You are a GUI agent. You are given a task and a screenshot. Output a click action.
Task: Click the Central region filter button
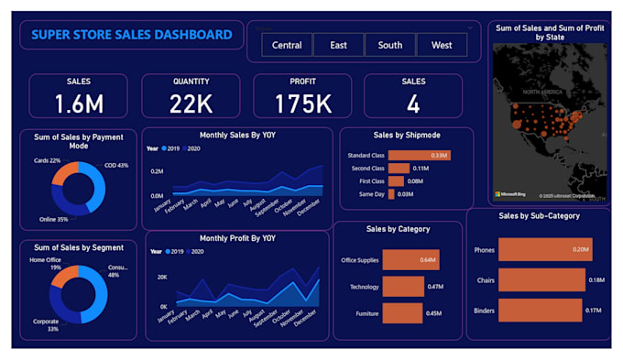[287, 45]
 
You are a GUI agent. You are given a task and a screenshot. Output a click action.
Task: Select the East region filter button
[338, 45]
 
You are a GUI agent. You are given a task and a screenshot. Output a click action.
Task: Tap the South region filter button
[389, 45]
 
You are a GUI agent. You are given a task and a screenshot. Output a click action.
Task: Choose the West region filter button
[441, 45]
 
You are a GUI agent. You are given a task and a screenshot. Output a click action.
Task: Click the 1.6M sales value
[79, 104]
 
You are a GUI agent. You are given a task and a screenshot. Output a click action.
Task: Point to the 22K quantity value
[191, 104]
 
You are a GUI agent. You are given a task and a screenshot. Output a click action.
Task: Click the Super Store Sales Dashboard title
[132, 35]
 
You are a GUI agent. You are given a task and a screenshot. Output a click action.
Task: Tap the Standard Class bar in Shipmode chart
[417, 156]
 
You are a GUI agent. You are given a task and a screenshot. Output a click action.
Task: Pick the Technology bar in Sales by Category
[403, 287]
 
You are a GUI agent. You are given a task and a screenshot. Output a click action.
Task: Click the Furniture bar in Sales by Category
[402, 313]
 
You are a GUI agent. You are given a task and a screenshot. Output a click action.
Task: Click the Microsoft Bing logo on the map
[511, 194]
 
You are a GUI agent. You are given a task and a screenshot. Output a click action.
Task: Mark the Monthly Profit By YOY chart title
[237, 238]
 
